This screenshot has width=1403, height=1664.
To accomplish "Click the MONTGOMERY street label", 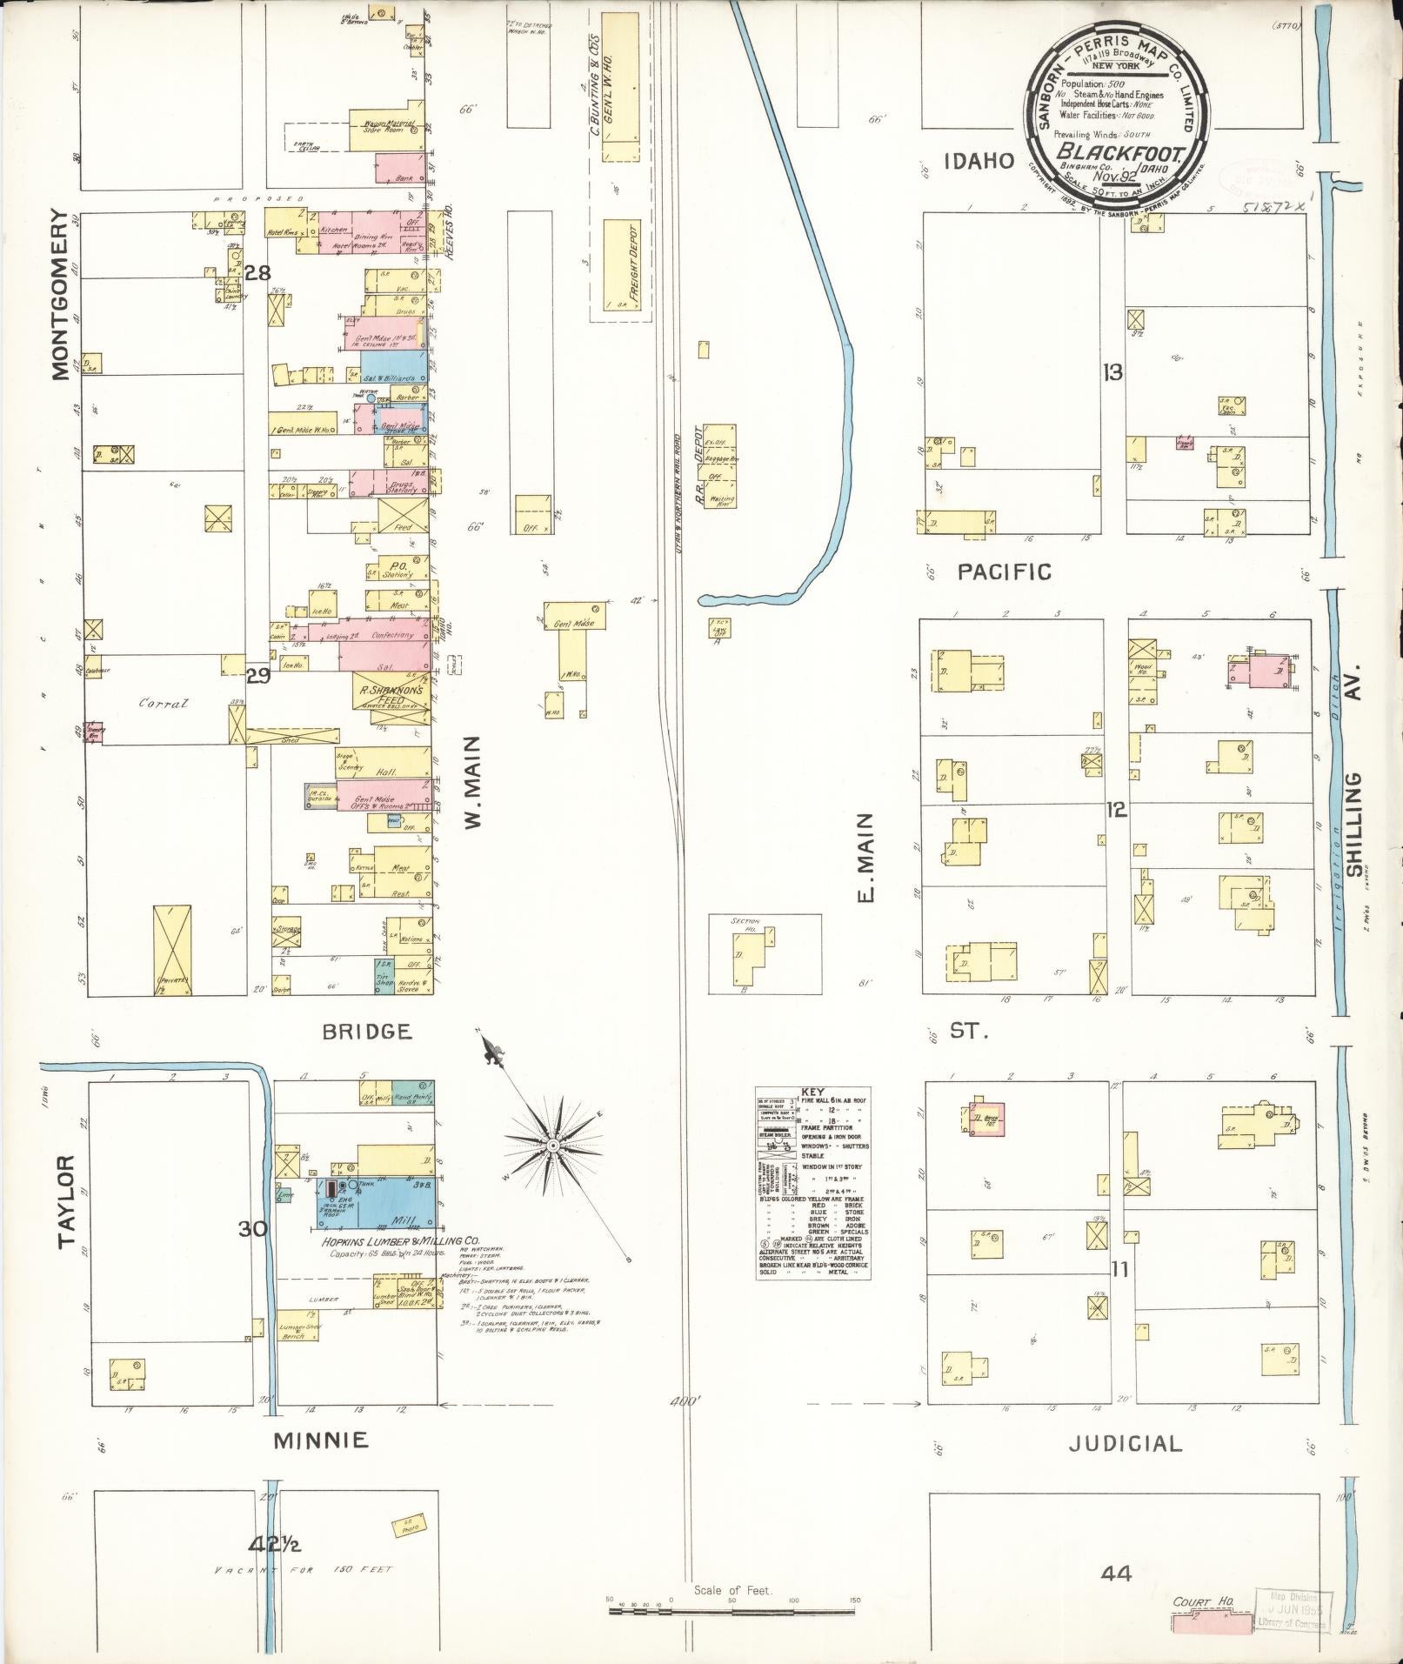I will pyautogui.click(x=59, y=294).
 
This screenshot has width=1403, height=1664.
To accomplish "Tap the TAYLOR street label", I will pyautogui.click(x=68, y=1214).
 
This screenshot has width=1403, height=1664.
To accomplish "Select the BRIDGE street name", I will pyautogui.click(x=366, y=1032).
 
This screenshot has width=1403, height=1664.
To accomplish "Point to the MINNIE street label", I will pyautogui.click(x=321, y=1440).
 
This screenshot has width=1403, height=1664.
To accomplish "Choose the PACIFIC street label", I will pyautogui.click(x=1005, y=571).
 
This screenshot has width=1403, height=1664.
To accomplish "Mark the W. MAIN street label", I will pyautogui.click(x=472, y=781).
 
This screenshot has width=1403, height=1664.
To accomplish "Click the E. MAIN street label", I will pyautogui.click(x=865, y=858).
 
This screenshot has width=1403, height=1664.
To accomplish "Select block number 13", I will pyautogui.click(x=1112, y=373).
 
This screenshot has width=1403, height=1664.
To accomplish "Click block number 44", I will pyautogui.click(x=1115, y=1573).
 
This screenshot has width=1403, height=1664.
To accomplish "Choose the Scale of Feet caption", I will pyautogui.click(x=733, y=1591).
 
